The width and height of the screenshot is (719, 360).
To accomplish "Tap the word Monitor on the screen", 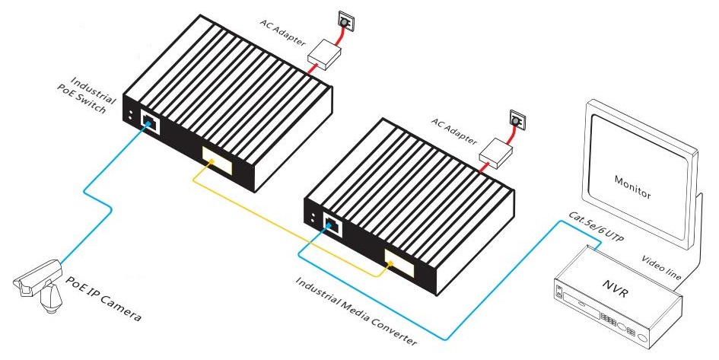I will [x=632, y=187].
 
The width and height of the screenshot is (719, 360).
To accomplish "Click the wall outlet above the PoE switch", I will [x=344, y=24].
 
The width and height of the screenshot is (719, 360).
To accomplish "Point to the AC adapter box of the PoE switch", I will [x=325, y=53].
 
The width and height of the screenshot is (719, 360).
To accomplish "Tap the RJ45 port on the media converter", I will [x=332, y=223].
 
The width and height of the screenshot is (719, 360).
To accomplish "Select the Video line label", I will [x=660, y=267].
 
